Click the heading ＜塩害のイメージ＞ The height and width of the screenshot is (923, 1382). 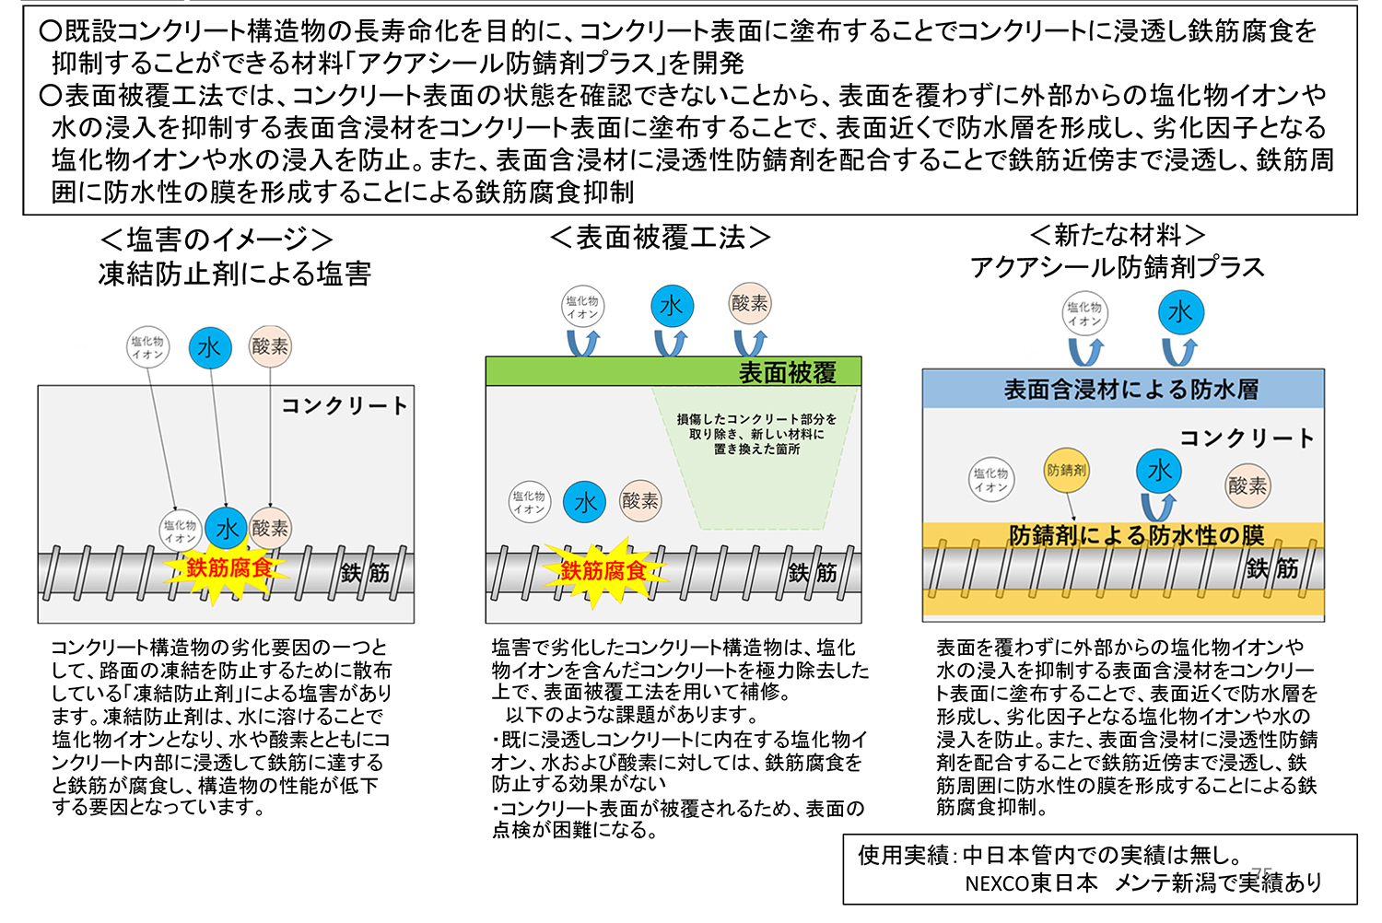217,240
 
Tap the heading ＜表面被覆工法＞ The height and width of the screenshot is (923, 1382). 660,238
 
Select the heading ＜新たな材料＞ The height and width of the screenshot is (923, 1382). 1117,235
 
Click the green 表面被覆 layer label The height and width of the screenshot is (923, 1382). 787,372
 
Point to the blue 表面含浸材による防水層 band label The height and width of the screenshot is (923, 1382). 1130,390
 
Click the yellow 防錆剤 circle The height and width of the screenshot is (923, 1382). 1066,470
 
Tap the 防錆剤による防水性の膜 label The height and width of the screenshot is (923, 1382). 1136,535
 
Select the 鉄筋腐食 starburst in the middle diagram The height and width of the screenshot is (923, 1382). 603,571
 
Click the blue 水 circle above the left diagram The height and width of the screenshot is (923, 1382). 210,348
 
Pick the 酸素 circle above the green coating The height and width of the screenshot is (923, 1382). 750,304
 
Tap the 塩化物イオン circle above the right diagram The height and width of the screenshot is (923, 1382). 1084,314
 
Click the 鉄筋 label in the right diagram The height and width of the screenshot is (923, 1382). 1272,568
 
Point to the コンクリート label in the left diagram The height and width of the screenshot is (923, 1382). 344,405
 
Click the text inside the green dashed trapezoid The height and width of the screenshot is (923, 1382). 756,434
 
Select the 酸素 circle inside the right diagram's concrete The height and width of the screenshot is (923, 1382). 1247,485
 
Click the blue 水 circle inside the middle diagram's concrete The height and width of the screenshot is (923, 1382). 585,502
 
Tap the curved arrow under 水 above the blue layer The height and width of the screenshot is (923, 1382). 1179,352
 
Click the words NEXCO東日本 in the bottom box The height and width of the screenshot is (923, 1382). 1031,883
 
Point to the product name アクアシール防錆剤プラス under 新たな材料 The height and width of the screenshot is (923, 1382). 1117,267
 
